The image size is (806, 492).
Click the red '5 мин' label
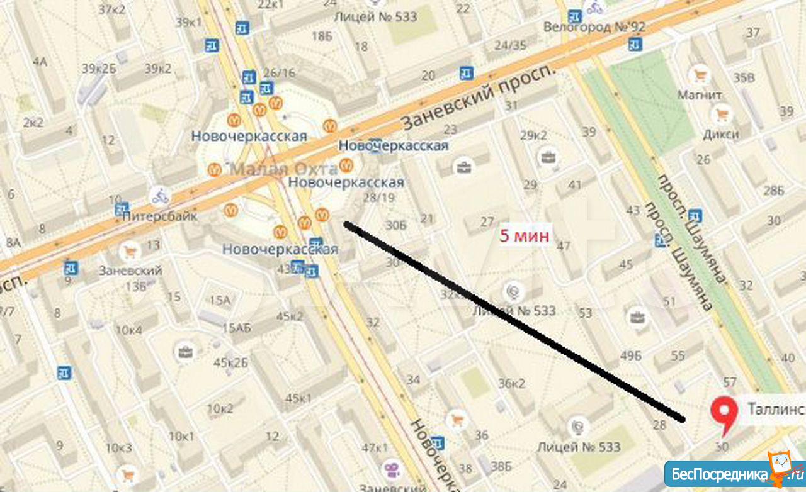click(x=525, y=236)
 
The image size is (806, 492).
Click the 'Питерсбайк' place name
click(x=160, y=216)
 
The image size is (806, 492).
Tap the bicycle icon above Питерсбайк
click(x=160, y=196)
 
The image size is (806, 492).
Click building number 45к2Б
click(x=231, y=362)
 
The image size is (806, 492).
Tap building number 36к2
click(x=511, y=383)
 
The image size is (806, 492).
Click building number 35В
click(x=744, y=78)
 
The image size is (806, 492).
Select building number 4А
click(x=40, y=61)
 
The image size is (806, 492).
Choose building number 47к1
click(x=375, y=448)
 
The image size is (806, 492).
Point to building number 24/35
click(x=510, y=45)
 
